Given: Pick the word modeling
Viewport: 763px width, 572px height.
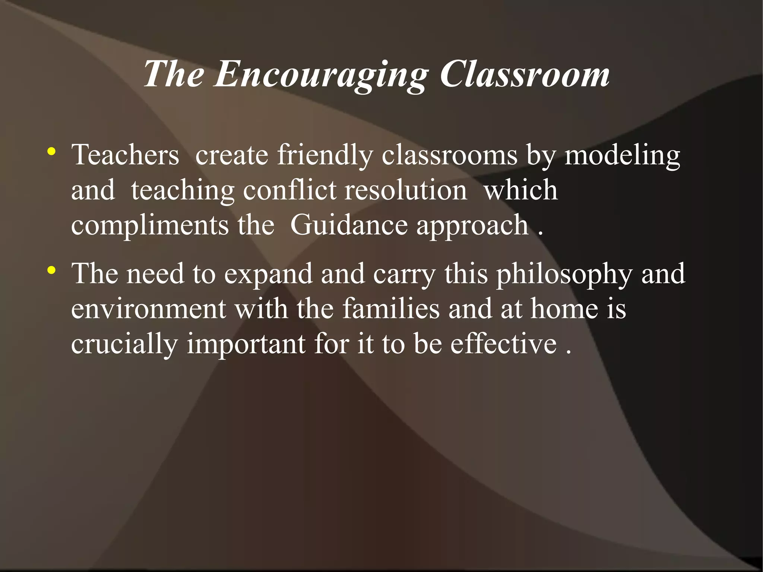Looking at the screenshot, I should pos(622,155).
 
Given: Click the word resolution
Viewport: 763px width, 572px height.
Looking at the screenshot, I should pos(406,190).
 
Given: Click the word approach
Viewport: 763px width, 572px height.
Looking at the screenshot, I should pos(472,225).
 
